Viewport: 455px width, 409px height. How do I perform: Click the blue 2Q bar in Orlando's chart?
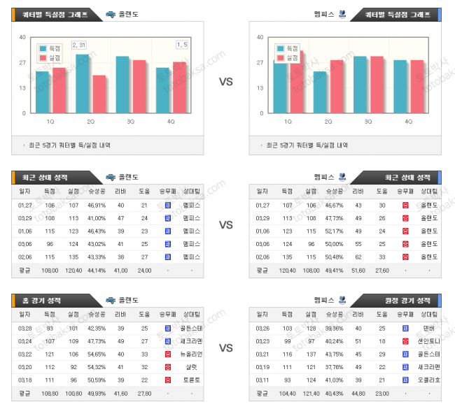[x=83, y=83]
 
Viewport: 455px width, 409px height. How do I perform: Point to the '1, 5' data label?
[x=181, y=45]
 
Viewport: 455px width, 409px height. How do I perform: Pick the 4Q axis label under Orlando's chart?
[x=171, y=122]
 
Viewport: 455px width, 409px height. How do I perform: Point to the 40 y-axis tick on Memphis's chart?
[x=260, y=37]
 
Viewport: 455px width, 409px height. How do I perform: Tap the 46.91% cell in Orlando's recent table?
[x=97, y=206]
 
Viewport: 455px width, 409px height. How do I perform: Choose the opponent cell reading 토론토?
[x=191, y=380]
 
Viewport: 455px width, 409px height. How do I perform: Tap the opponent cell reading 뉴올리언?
[x=191, y=354]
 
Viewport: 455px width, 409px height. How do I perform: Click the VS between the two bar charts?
[x=225, y=82]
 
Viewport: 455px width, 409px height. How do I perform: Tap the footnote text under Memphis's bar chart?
[x=308, y=145]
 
